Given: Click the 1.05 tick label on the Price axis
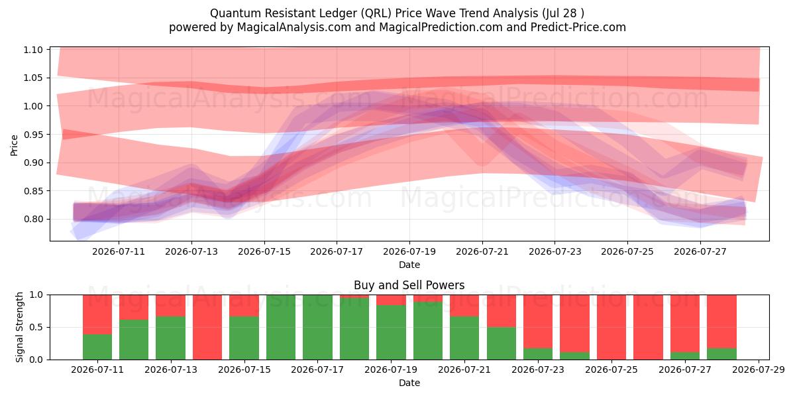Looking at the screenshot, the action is coord(33,78).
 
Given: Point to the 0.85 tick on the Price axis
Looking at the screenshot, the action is coord(33,191).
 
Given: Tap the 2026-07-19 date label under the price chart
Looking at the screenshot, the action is coord(409,251).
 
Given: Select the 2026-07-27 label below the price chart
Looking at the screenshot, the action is coord(700,251).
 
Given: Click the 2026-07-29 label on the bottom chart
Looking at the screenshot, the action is coord(759,369).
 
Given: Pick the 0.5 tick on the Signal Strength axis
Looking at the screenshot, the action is coord(36,327).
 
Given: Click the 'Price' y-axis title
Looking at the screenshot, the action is coord(14,145).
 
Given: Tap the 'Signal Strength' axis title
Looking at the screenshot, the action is coord(19,327).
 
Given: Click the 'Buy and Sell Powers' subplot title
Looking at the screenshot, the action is coord(409,285).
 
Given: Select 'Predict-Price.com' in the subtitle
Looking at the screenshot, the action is coord(578,27).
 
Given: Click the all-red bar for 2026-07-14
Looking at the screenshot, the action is coord(207,327).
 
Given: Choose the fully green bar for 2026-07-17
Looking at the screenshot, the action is coord(317,327).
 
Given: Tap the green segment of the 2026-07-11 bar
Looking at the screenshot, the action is coord(97,347).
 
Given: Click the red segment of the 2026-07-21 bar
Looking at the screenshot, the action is coord(464,306).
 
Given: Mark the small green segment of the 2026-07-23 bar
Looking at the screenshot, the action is coord(538,354).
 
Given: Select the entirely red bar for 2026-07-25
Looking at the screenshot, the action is coord(611,327).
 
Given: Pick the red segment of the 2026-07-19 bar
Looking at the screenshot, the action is coord(391,300).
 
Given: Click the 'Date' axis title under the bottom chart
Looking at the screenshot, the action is coord(409,383).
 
